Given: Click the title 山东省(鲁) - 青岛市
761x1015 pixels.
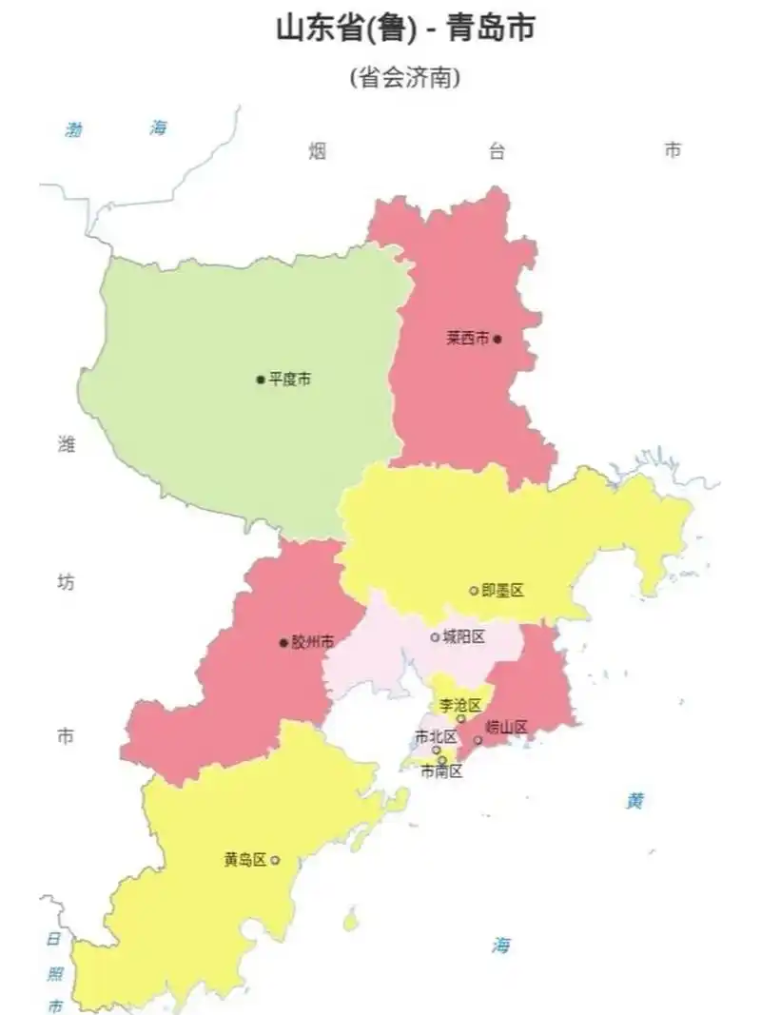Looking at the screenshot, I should (x=404, y=29).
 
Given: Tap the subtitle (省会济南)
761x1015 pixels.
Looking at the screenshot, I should (x=404, y=77).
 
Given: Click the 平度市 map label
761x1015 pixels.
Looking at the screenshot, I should (x=289, y=379).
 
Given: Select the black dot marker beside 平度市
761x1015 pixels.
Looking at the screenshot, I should (x=260, y=380).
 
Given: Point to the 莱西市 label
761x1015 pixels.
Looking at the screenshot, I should (x=468, y=338).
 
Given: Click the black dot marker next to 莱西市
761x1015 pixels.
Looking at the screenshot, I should (x=497, y=338).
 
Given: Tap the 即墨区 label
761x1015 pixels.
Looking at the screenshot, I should (x=503, y=591).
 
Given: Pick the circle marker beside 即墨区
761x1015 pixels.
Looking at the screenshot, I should (x=474, y=591).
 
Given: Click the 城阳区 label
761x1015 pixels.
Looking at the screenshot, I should (x=464, y=636).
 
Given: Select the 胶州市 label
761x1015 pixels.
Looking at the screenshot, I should (x=313, y=642).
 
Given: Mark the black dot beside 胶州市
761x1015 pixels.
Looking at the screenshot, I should (x=283, y=643).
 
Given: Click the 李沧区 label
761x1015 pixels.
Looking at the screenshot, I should (x=459, y=705).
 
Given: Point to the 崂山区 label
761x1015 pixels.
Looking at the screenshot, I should (x=506, y=728).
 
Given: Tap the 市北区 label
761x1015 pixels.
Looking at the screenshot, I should (x=436, y=736).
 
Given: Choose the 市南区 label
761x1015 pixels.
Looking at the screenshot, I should (x=442, y=771).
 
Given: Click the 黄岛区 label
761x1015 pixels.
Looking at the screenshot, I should (x=245, y=859).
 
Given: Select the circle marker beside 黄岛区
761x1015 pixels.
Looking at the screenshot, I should (x=275, y=860).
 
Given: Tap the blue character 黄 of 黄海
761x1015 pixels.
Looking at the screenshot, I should (x=635, y=801).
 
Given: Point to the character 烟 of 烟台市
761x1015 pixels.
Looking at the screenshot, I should (x=317, y=150).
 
